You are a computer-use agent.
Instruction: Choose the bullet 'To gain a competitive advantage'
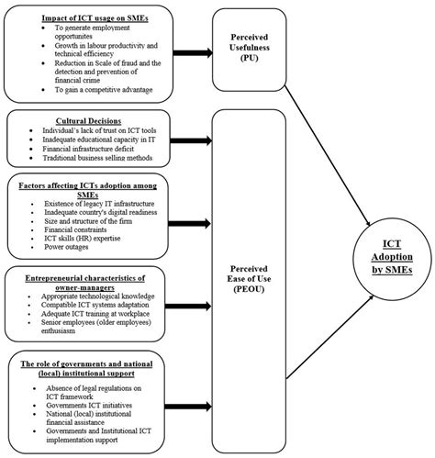tap(111, 89)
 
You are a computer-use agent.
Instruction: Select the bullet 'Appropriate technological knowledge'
tap(110, 296)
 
